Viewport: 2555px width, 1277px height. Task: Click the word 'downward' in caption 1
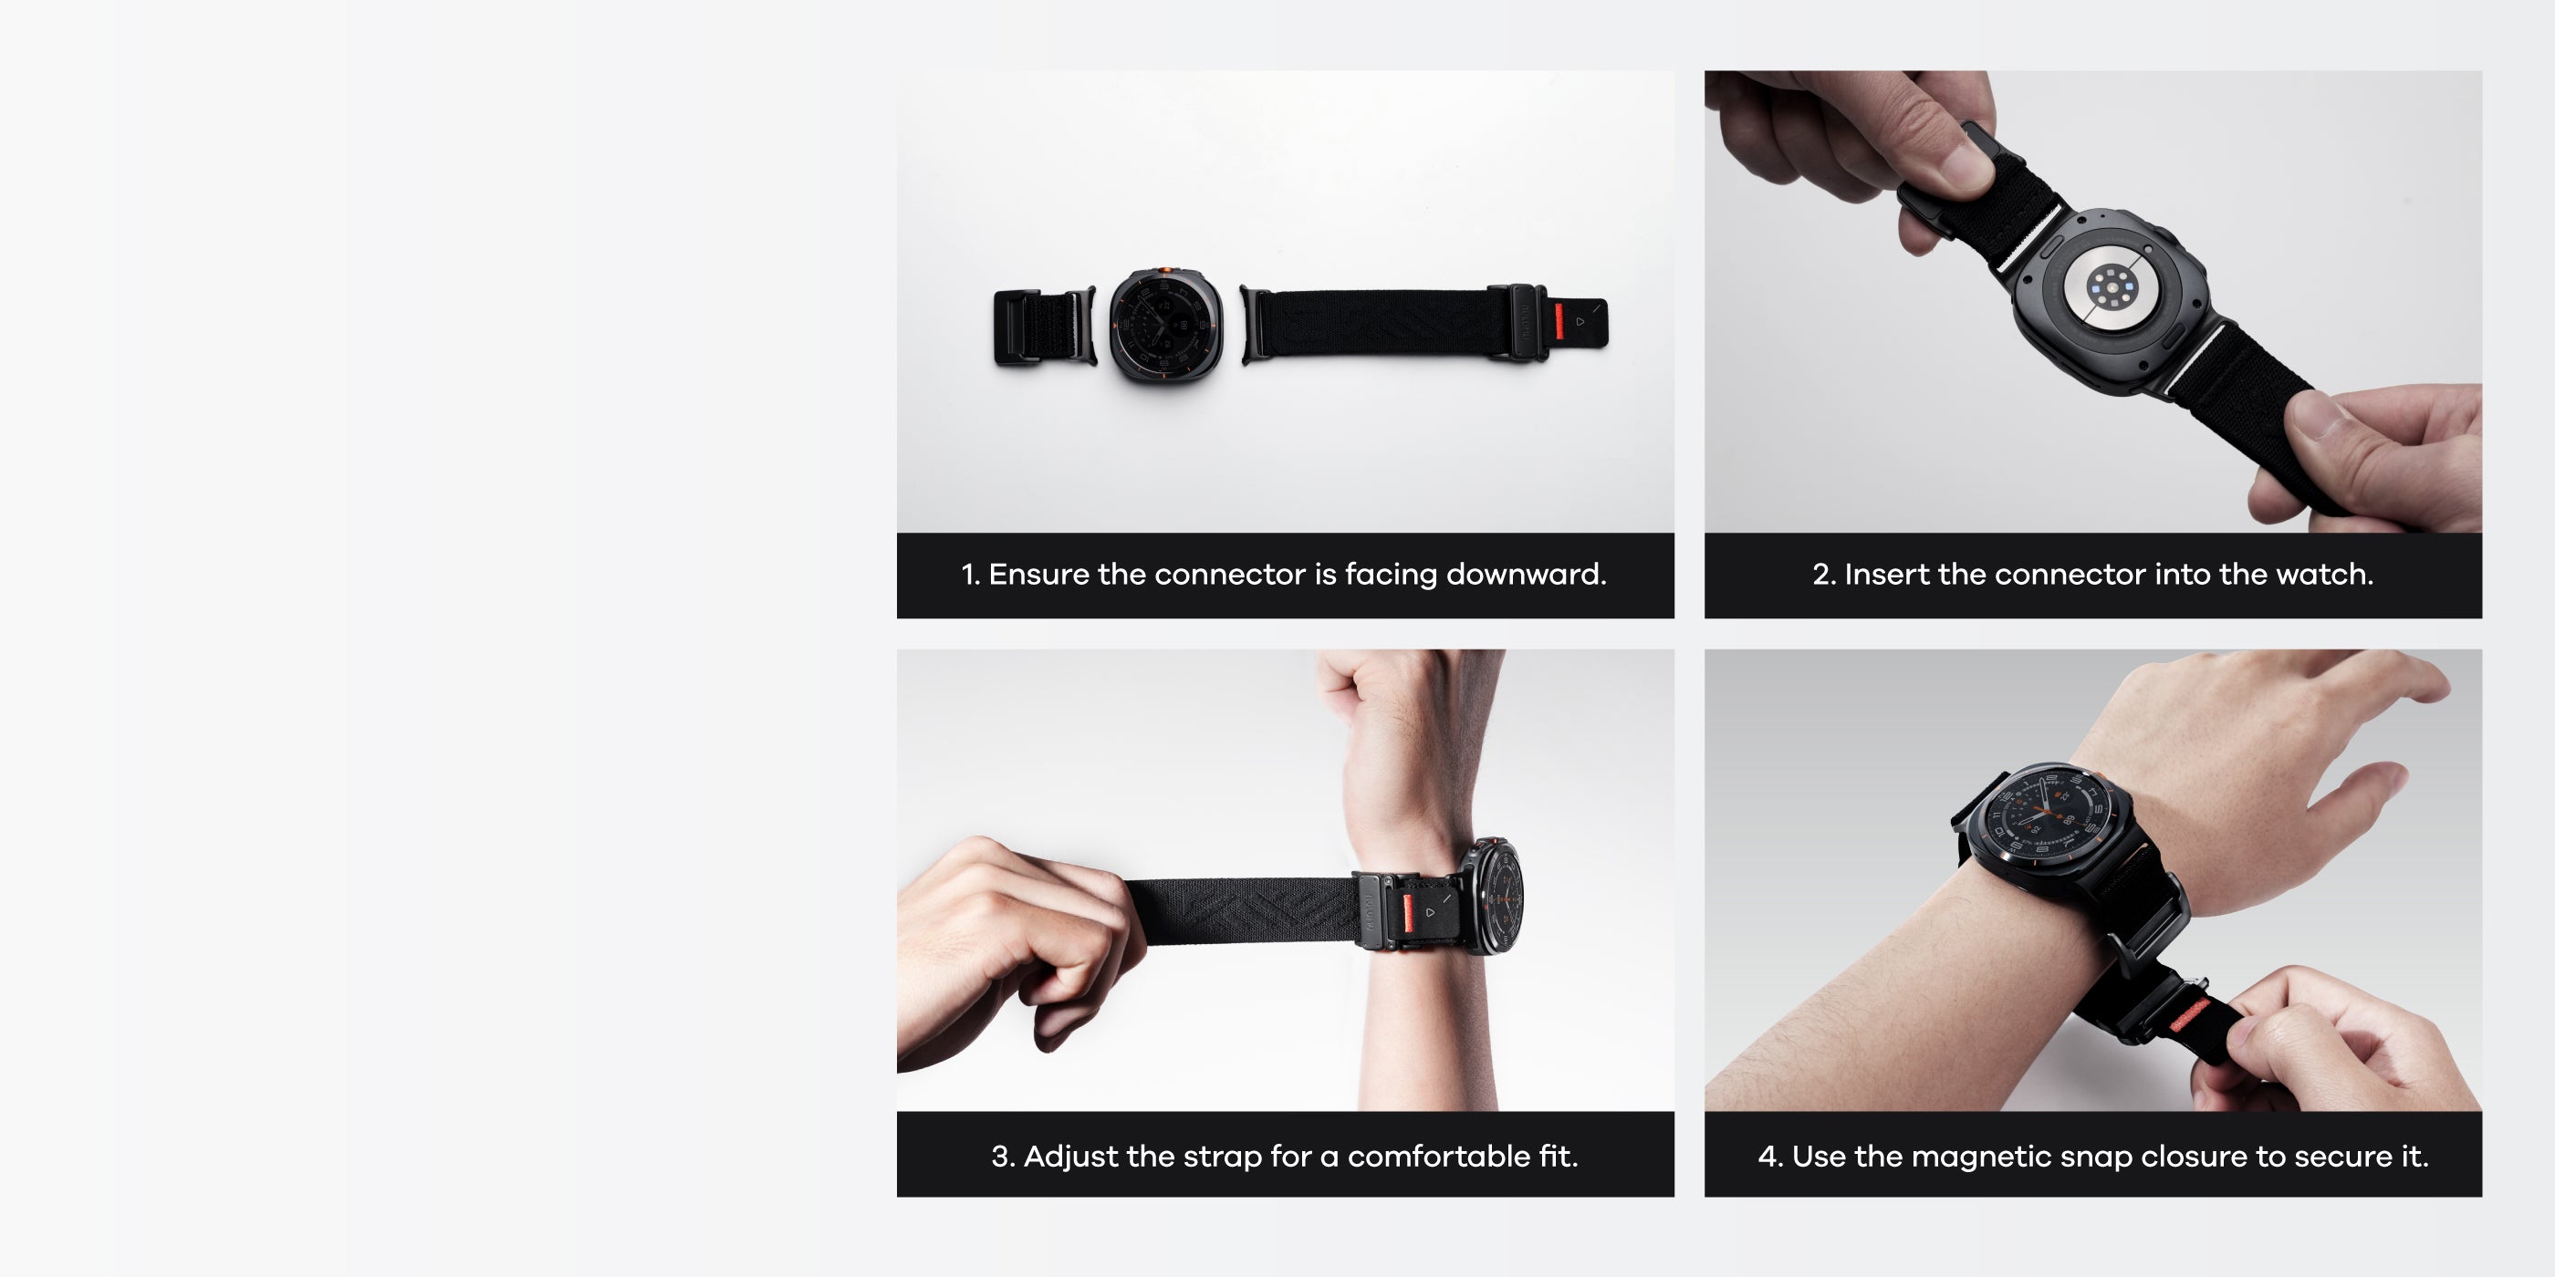(x=1526, y=574)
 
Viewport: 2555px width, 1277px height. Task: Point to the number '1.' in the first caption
(x=970, y=574)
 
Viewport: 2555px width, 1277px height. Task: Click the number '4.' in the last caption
(x=1770, y=1156)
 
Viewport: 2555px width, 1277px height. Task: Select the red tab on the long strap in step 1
(x=1559, y=321)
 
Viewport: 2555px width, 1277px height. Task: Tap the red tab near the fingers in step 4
(x=2189, y=1016)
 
